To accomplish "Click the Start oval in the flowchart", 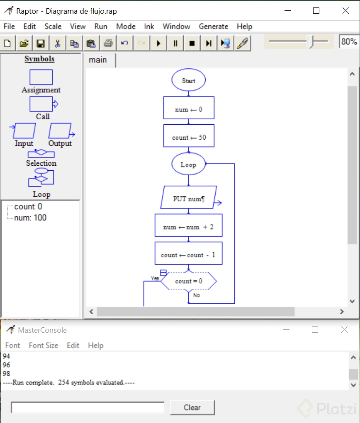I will point(188,80).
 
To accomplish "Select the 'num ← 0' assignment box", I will point(189,110).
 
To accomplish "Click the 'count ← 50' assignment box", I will point(189,137).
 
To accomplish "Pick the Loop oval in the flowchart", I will point(188,164).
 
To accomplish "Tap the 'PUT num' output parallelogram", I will point(189,199).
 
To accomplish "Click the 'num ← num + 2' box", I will point(188,227).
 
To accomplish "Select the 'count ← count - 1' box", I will point(188,255).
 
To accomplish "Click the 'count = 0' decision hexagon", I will point(189,281).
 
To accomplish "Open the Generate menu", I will point(213,27).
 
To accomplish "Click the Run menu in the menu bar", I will point(100,27).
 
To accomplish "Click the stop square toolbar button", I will point(192,43).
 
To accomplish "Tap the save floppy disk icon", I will point(41,43).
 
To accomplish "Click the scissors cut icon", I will point(58,43).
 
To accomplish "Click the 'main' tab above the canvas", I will point(98,60).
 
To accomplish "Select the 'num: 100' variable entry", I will point(30,218).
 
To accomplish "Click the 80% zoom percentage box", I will point(349,41).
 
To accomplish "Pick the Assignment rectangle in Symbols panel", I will point(41,77).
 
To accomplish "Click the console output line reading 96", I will point(6,365).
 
